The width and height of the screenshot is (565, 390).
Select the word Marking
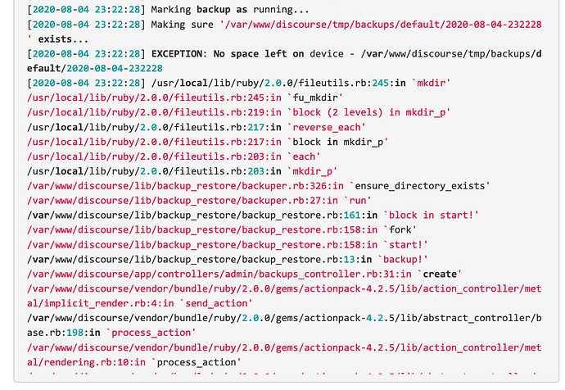tap(171, 10)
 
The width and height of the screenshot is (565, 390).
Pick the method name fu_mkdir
tap(315, 98)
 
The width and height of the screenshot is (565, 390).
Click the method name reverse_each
tap(327, 128)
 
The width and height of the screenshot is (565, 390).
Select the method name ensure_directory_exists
tap(420, 186)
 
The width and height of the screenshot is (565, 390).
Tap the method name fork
tap(400, 230)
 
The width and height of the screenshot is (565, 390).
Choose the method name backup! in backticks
tap(403, 260)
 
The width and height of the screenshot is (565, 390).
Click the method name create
tap(440, 274)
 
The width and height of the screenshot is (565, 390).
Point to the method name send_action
tap(216, 303)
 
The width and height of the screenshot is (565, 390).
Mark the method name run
tap(358, 201)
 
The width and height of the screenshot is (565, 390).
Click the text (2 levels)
tap(355, 113)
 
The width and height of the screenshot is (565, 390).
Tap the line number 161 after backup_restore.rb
tap(351, 215)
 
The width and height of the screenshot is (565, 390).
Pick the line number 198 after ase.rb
tap(75, 333)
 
